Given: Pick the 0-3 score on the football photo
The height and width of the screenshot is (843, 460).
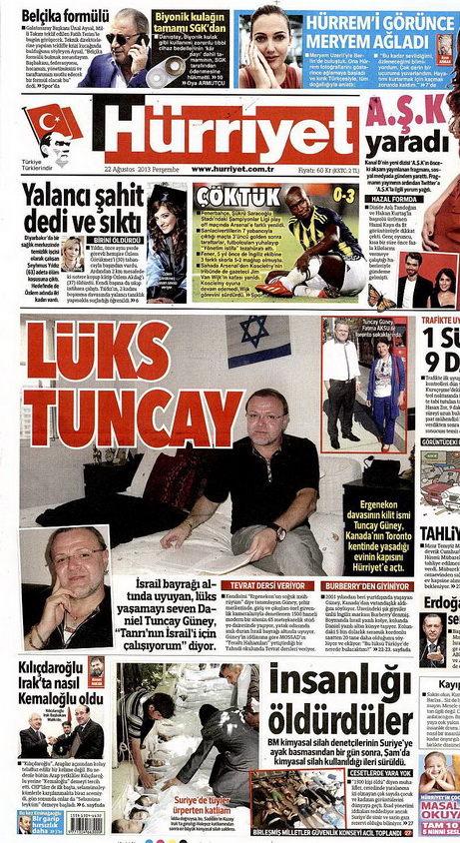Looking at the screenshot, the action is pos(344,194).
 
